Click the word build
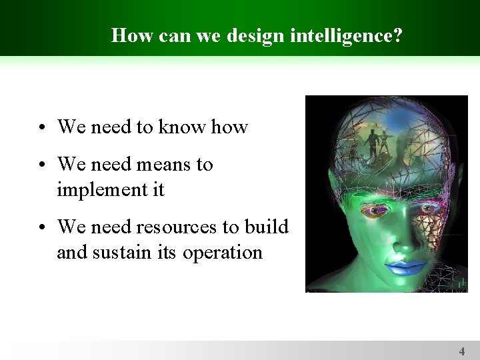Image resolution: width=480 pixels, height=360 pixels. tap(266, 227)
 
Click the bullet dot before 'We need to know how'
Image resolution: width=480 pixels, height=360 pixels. tap(42, 127)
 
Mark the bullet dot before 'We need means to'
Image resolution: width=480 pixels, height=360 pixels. tap(42, 165)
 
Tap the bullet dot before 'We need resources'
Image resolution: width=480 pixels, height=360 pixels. tap(42, 228)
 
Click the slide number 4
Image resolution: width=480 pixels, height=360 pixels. tap(461, 351)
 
